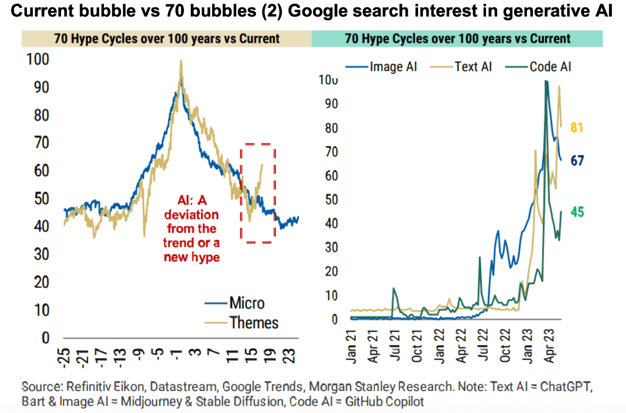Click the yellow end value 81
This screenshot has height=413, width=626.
click(578, 128)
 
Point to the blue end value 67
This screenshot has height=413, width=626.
click(578, 161)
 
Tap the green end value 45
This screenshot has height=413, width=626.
click(578, 212)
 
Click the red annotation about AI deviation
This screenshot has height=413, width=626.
click(190, 229)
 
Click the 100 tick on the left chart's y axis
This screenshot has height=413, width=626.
click(38, 60)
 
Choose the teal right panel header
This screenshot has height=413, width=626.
click(457, 38)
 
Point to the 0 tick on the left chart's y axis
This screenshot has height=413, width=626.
click(45, 338)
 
